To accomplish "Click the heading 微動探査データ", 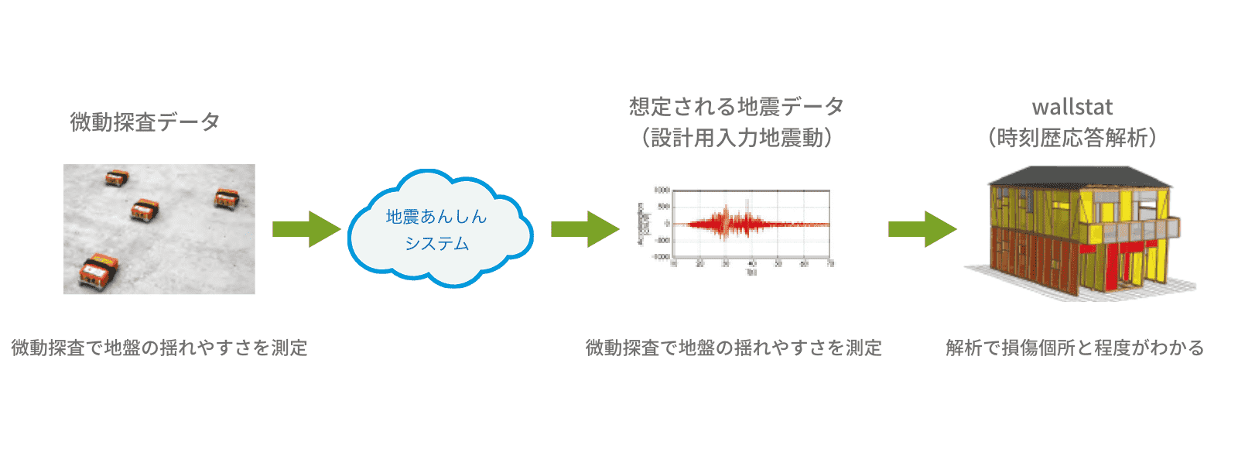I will click(x=145, y=122).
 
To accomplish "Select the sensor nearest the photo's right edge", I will click(x=227, y=198).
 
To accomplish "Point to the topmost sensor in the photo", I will click(x=117, y=178).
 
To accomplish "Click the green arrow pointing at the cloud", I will click(x=306, y=229).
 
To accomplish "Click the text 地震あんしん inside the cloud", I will click(x=436, y=217).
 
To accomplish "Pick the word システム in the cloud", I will click(x=436, y=244).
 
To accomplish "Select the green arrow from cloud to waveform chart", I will click(x=585, y=229).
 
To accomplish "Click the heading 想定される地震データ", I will click(x=736, y=106).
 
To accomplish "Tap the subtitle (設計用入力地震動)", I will click(x=736, y=138).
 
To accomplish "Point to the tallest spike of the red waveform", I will click(x=727, y=220).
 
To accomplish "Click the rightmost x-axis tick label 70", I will click(x=830, y=264).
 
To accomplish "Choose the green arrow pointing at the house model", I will click(x=922, y=229).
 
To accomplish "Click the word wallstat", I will click(x=1072, y=107).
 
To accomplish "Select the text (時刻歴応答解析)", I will click(x=1072, y=138).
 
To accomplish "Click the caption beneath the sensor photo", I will click(x=159, y=348).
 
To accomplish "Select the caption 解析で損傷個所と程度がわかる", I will click(x=1075, y=348).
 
